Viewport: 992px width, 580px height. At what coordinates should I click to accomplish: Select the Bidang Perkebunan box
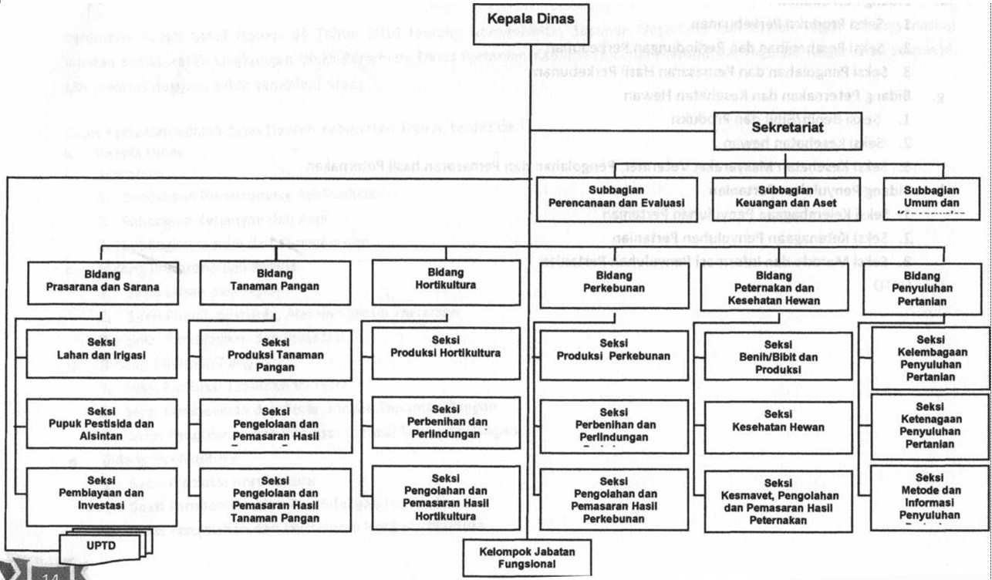tap(613, 283)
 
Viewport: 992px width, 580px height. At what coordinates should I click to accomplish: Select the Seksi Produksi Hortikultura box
tap(445, 353)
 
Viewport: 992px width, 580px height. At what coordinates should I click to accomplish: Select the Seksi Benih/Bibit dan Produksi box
tap(778, 356)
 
